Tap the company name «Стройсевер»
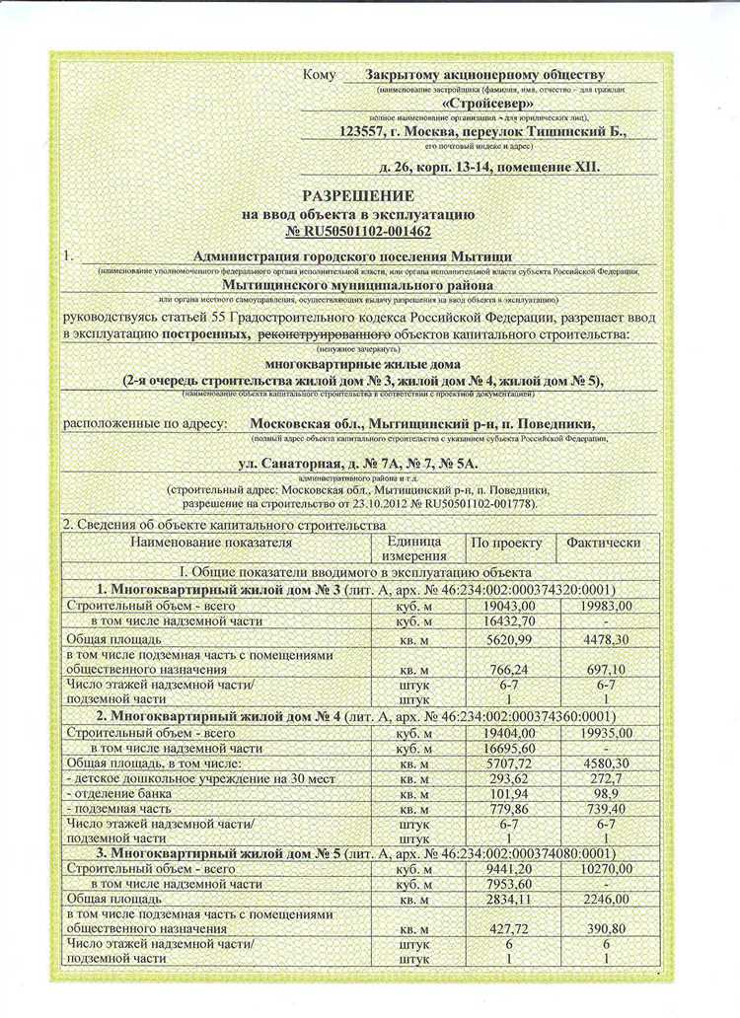pos(488,103)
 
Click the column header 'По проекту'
pos(507,543)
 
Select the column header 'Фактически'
pos(603,543)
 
